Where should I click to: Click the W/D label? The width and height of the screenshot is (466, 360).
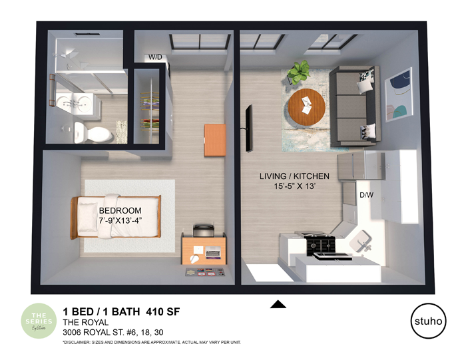[156, 57]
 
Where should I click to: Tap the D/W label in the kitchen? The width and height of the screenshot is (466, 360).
[366, 195]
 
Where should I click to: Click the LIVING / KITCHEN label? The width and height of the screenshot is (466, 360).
[294, 176]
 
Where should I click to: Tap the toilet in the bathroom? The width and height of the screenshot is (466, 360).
[86, 131]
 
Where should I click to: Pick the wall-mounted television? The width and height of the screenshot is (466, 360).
[248, 127]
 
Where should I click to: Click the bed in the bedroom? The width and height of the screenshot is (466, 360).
[117, 216]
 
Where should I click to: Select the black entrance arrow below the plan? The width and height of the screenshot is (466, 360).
[278, 305]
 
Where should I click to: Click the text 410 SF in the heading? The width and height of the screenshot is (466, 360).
[162, 311]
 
